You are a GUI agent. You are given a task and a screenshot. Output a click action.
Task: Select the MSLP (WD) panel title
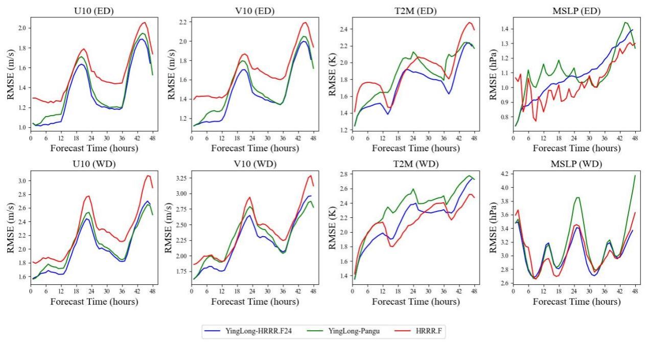click(575, 164)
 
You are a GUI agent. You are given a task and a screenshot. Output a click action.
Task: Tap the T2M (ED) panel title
click(414, 11)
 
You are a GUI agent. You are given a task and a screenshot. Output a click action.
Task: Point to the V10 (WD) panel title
click(253, 164)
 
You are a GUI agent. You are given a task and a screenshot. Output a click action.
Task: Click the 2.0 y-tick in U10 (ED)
click(21, 28)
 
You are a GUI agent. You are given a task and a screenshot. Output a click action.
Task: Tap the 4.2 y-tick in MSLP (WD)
click(504, 174)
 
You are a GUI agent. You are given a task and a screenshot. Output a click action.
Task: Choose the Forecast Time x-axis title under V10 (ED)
click(253, 148)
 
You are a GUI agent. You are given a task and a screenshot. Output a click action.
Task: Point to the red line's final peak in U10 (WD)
click(148, 175)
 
